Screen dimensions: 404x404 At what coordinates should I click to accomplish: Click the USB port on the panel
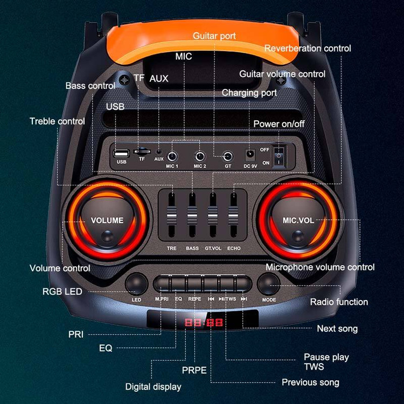pyautogui.click(x=121, y=152)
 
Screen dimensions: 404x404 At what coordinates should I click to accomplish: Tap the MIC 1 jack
pyautogui.click(x=172, y=156)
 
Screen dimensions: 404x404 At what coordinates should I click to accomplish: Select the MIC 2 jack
pyautogui.click(x=200, y=156)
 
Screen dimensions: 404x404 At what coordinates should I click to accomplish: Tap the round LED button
pyautogui.click(x=136, y=284)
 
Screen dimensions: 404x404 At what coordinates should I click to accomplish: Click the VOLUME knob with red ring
pyautogui.click(x=107, y=220)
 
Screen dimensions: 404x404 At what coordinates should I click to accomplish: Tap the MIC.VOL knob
pyautogui.click(x=298, y=220)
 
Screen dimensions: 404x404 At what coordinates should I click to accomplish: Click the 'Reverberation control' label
pyautogui.click(x=307, y=48)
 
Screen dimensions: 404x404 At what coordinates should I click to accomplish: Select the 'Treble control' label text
pyautogui.click(x=57, y=121)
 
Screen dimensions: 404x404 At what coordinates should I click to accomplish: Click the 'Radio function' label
pyautogui.click(x=339, y=302)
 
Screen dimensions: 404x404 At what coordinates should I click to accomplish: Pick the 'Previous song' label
pyautogui.click(x=310, y=382)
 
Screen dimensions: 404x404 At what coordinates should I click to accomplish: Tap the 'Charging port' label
pyautogui.click(x=249, y=93)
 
